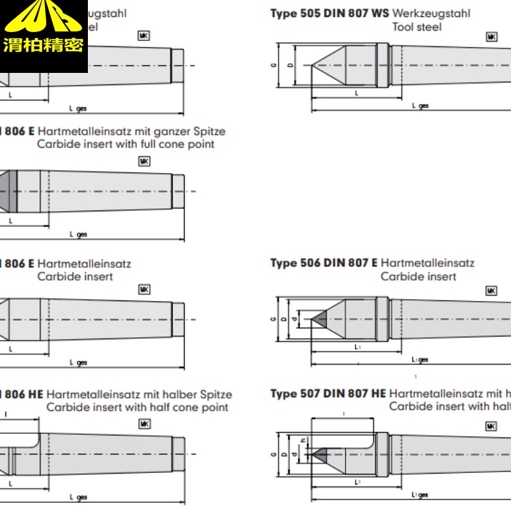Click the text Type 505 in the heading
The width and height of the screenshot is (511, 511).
[x=295, y=13]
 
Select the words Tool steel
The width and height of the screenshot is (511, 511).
[x=416, y=27]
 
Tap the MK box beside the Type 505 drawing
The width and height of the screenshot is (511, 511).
[x=491, y=37]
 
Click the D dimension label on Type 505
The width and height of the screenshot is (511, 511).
[x=290, y=66]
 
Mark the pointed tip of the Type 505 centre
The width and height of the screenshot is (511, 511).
[x=313, y=65]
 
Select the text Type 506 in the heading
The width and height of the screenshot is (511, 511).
[x=296, y=263]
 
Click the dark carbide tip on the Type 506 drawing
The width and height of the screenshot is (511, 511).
[x=319, y=319]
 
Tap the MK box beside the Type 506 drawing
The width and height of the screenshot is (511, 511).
[x=491, y=290]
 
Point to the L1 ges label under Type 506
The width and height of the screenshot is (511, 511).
[x=420, y=359]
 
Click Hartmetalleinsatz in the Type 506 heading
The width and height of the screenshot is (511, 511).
[x=427, y=263]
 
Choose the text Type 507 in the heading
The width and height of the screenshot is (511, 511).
[x=296, y=394]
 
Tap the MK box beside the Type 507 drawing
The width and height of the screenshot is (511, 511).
[x=491, y=426]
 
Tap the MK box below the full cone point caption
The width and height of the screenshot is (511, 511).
[x=144, y=161]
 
